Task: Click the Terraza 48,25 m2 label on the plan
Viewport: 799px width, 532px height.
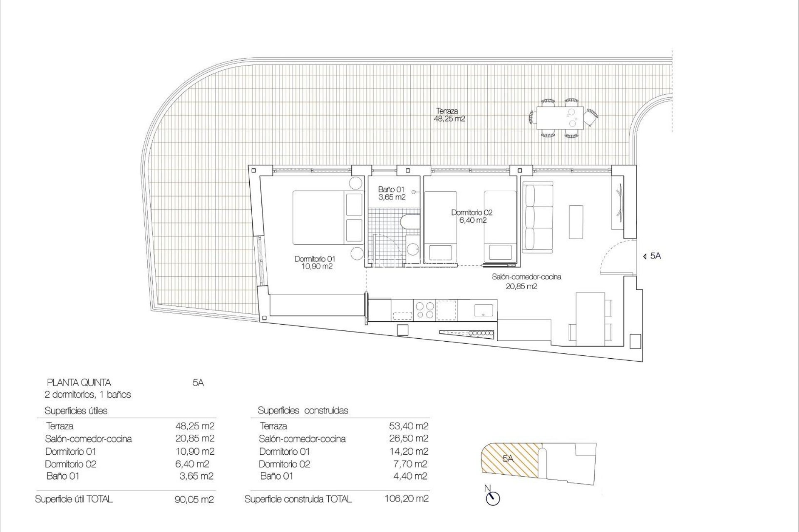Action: pos(449,115)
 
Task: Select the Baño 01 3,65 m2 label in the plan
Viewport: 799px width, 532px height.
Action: pos(391,193)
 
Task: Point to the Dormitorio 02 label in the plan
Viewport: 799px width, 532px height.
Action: pos(472,216)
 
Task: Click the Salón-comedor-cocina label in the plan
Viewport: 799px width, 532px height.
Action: pos(526,281)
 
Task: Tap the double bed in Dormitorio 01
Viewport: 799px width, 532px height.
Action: pos(320,217)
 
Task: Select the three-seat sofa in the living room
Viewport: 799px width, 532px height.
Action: pos(538,219)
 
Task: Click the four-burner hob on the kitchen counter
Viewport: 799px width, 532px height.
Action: pos(424,310)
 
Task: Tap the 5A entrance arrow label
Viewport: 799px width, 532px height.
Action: pos(652,256)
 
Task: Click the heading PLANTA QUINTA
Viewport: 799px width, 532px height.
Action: pos(79,382)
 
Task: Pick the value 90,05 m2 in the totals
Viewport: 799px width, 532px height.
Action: pos(194,500)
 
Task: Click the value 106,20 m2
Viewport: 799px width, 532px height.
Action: pos(407,498)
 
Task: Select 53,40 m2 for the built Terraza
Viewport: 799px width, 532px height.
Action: pos(407,426)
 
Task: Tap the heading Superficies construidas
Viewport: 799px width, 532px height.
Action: pos(303,411)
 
